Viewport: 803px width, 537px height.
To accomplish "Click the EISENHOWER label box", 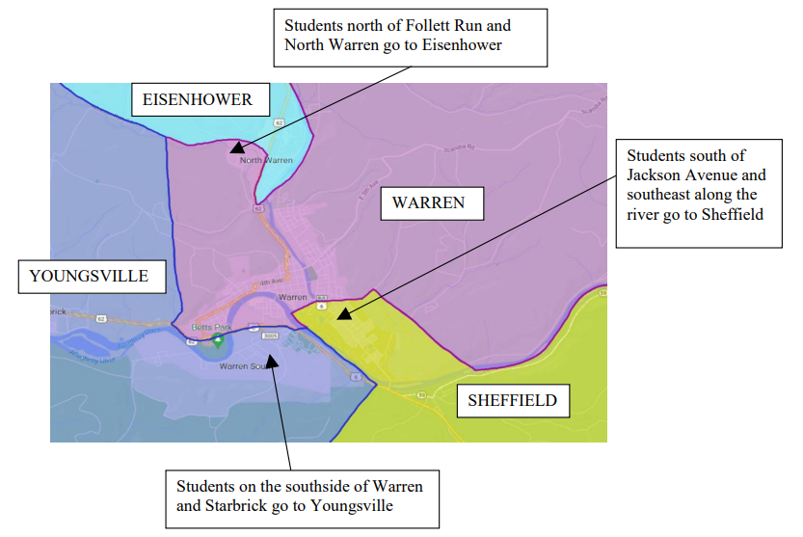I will coord(198,99).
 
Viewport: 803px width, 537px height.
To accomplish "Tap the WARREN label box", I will coord(428,202).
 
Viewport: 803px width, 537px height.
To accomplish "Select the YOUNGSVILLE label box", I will coord(89,277).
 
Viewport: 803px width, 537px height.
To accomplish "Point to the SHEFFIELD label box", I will coord(512,400).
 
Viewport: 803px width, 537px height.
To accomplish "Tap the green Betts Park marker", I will coord(218,339).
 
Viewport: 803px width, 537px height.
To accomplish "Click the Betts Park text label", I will coord(205,328).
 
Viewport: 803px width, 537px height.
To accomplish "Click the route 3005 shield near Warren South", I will coord(270,336).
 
